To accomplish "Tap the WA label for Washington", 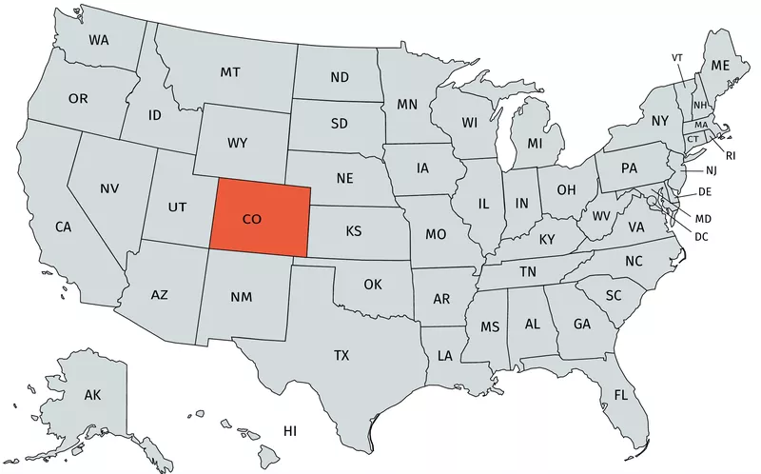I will [x=99, y=40].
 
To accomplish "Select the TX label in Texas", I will [x=341, y=355].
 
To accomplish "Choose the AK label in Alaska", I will [x=92, y=394].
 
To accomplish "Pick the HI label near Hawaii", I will [x=290, y=431].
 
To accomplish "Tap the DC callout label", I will [x=701, y=236].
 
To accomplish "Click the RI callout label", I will [x=731, y=154].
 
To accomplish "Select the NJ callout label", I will [x=711, y=170].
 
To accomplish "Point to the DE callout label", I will [x=705, y=191].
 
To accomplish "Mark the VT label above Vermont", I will [x=677, y=58].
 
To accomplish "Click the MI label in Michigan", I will [x=535, y=144].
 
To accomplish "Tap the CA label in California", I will [x=63, y=227].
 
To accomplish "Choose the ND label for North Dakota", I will [x=339, y=77].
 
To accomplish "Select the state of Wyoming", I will [x=238, y=143].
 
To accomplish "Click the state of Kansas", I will [x=353, y=231].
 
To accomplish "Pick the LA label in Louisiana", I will [x=444, y=355].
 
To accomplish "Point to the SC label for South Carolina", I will [x=614, y=295].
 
